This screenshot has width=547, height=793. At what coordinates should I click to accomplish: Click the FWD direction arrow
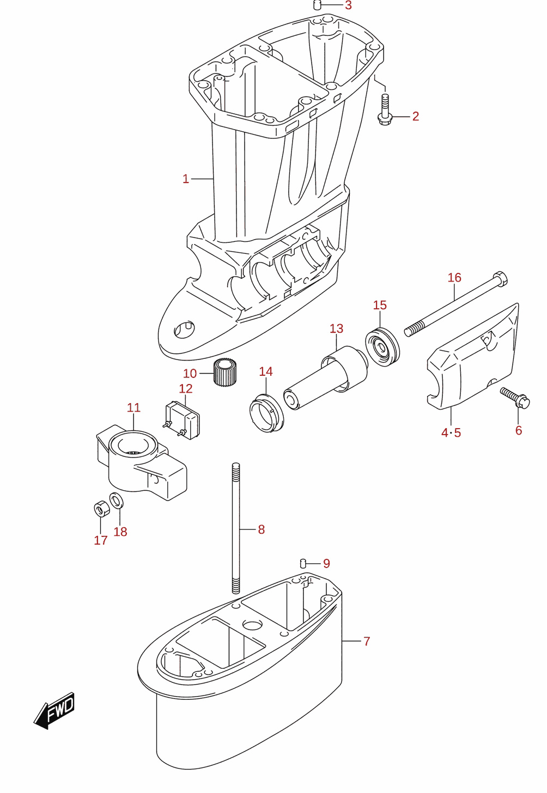(54, 710)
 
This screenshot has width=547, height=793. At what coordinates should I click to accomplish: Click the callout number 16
(454, 278)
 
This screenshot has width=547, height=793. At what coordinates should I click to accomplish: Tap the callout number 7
(367, 641)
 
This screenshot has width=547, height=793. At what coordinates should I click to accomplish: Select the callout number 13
(336, 328)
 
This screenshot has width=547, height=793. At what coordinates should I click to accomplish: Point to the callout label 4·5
(451, 432)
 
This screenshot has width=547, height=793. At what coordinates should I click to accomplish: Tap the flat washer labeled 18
(116, 500)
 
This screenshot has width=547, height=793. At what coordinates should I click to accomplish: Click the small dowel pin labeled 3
(318, 5)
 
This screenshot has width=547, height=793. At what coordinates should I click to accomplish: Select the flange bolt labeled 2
(385, 110)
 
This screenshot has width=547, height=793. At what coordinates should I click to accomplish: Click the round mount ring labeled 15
(382, 347)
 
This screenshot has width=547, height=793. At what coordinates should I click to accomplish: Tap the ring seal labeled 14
(266, 414)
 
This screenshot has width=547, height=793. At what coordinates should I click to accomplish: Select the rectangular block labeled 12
(183, 420)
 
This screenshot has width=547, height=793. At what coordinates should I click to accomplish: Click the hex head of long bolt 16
(500, 278)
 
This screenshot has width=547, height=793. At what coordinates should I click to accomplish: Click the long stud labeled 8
(236, 528)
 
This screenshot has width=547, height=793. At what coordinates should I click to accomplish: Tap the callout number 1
(186, 179)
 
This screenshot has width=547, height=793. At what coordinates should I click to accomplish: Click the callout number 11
(134, 407)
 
